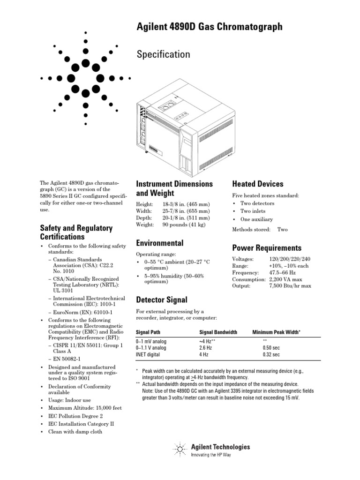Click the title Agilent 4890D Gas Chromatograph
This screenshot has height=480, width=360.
210,27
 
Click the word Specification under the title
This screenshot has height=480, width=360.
163,54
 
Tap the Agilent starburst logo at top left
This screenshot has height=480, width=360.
85,78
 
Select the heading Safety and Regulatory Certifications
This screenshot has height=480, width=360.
76,232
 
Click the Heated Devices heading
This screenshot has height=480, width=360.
258,184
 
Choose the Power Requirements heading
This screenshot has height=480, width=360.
267,248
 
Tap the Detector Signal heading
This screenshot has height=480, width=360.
161,300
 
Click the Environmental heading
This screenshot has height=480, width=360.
159,243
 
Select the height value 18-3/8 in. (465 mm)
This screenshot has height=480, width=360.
187,205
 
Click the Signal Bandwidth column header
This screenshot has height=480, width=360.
218,332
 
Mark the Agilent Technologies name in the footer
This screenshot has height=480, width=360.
220,447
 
